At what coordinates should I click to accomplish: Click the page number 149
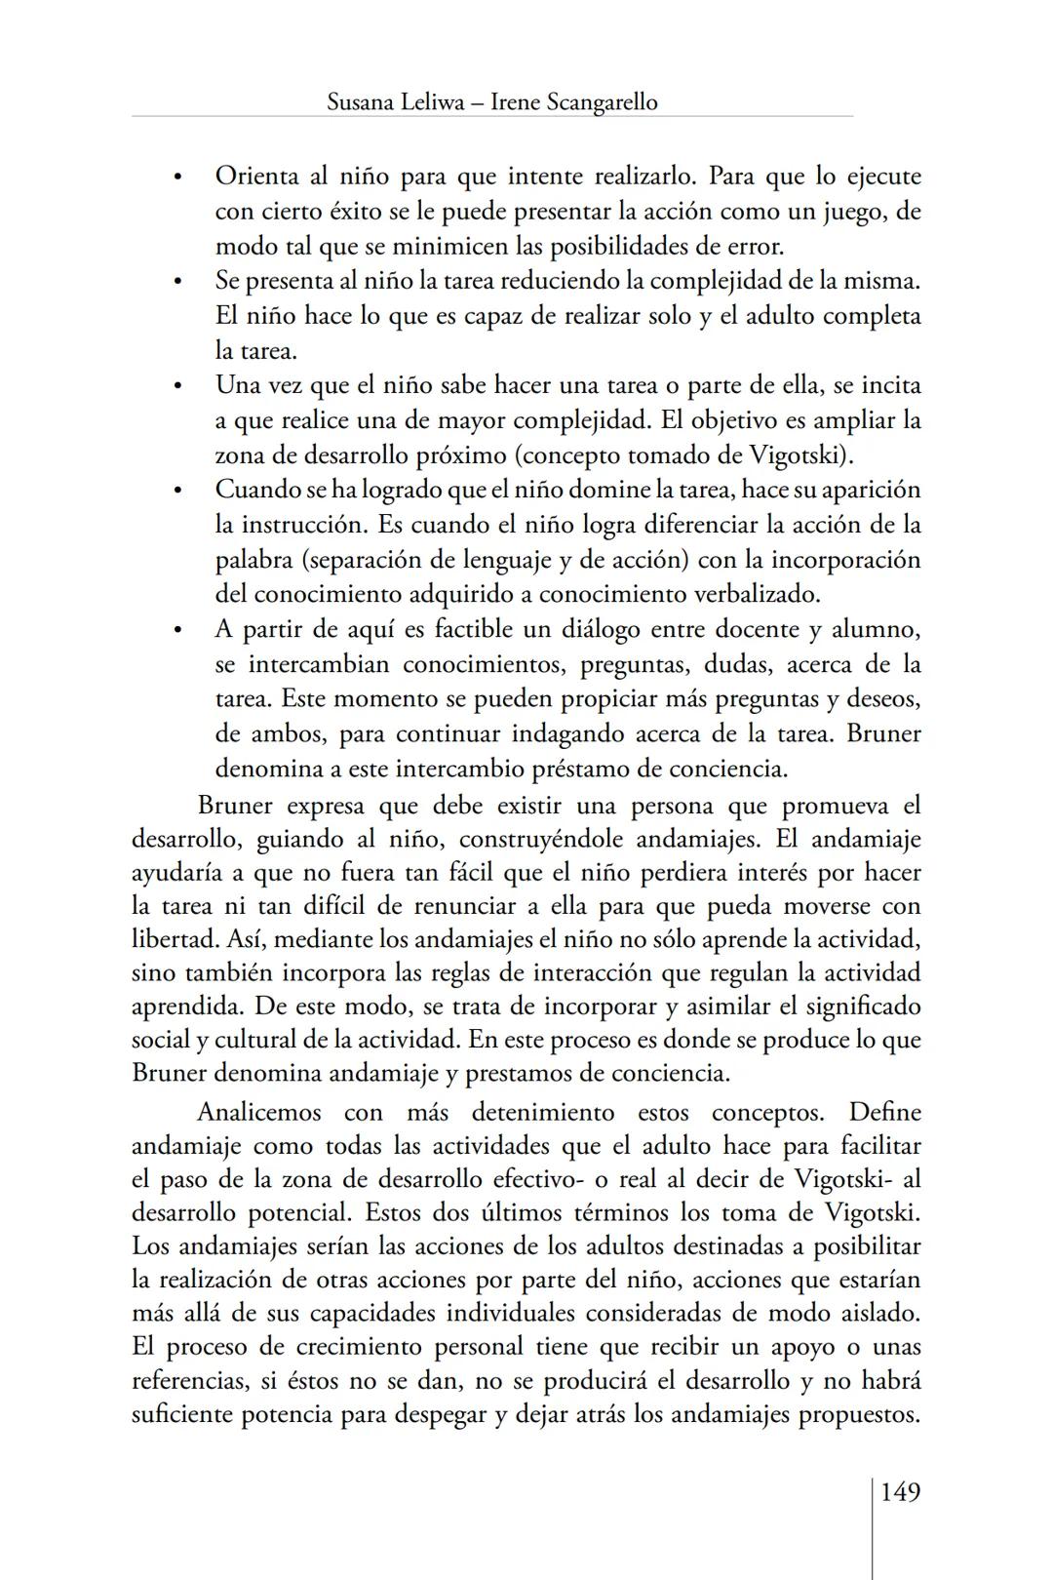coord(900,1492)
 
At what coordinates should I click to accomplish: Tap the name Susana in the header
coord(362,102)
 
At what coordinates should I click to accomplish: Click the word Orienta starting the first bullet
coord(256,177)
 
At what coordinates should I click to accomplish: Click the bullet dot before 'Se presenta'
coord(177,283)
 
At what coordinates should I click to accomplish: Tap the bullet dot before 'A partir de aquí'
coord(177,631)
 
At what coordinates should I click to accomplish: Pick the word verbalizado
coord(757,594)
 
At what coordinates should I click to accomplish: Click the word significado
coord(854,1006)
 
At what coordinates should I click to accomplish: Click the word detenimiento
coord(542,1113)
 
